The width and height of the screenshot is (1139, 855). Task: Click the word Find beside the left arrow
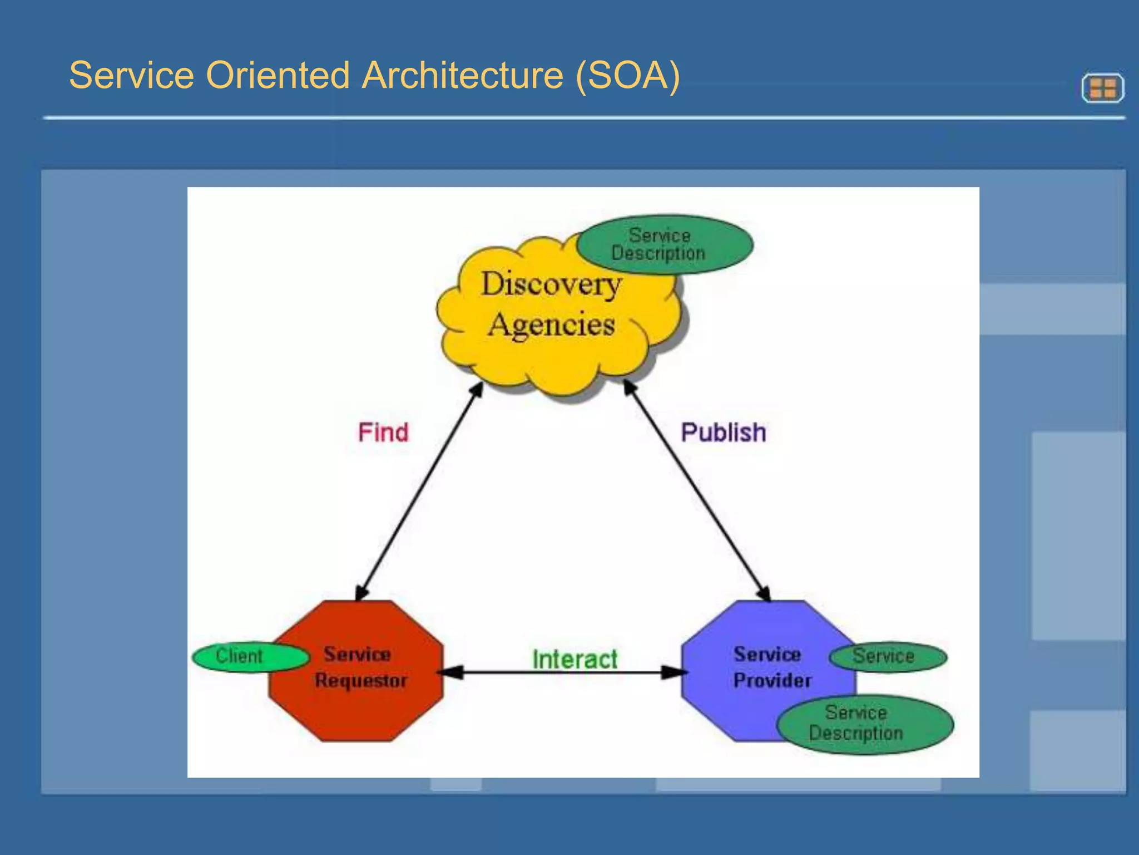[x=383, y=433]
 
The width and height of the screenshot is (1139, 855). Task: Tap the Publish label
[x=723, y=433]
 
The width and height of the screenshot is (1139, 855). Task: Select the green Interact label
[x=575, y=659]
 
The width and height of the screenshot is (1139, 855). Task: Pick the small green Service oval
[x=888, y=656]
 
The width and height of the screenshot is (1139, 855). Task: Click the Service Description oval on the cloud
[x=664, y=244]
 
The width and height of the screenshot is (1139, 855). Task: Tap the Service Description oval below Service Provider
[x=865, y=724]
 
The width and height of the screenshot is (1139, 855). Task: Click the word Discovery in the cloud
[x=551, y=284]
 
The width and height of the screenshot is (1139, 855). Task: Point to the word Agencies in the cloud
[x=551, y=325]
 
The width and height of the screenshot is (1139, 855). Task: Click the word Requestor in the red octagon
[x=360, y=681]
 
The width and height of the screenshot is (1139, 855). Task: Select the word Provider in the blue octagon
[x=772, y=681]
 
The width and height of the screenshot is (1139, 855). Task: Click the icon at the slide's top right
[x=1103, y=88]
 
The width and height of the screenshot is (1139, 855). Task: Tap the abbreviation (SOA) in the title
[x=627, y=75]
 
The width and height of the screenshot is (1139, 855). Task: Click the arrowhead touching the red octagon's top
[x=362, y=592]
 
